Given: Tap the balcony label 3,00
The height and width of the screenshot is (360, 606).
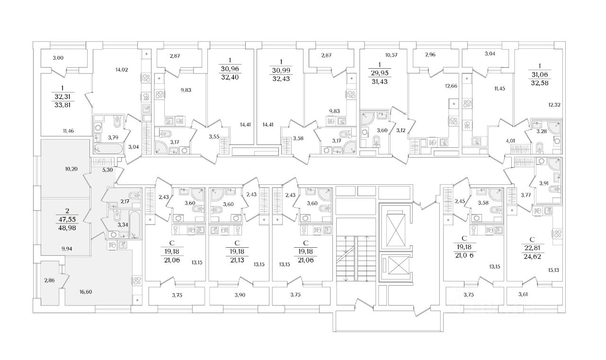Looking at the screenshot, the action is pyautogui.click(x=58, y=58).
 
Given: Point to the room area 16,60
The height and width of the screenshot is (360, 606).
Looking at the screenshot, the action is pyautogui.click(x=86, y=292).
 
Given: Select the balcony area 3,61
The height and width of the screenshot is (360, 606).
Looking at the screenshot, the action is pyautogui.click(x=523, y=295).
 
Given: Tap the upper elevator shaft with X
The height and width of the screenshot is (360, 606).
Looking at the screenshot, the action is pyautogui.click(x=394, y=227).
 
